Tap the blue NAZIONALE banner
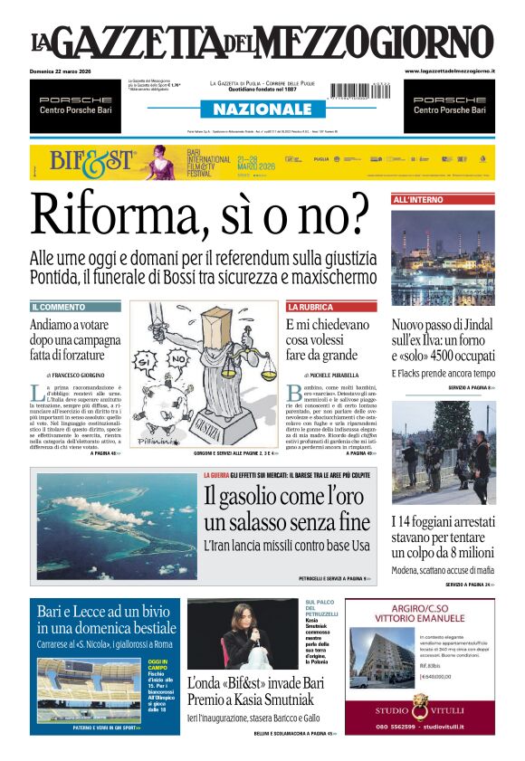[262, 109]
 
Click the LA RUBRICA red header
[310, 307]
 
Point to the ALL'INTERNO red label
[418, 199]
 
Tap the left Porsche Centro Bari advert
[75, 105]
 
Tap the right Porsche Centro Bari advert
[449, 105]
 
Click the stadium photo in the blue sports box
[89, 688]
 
